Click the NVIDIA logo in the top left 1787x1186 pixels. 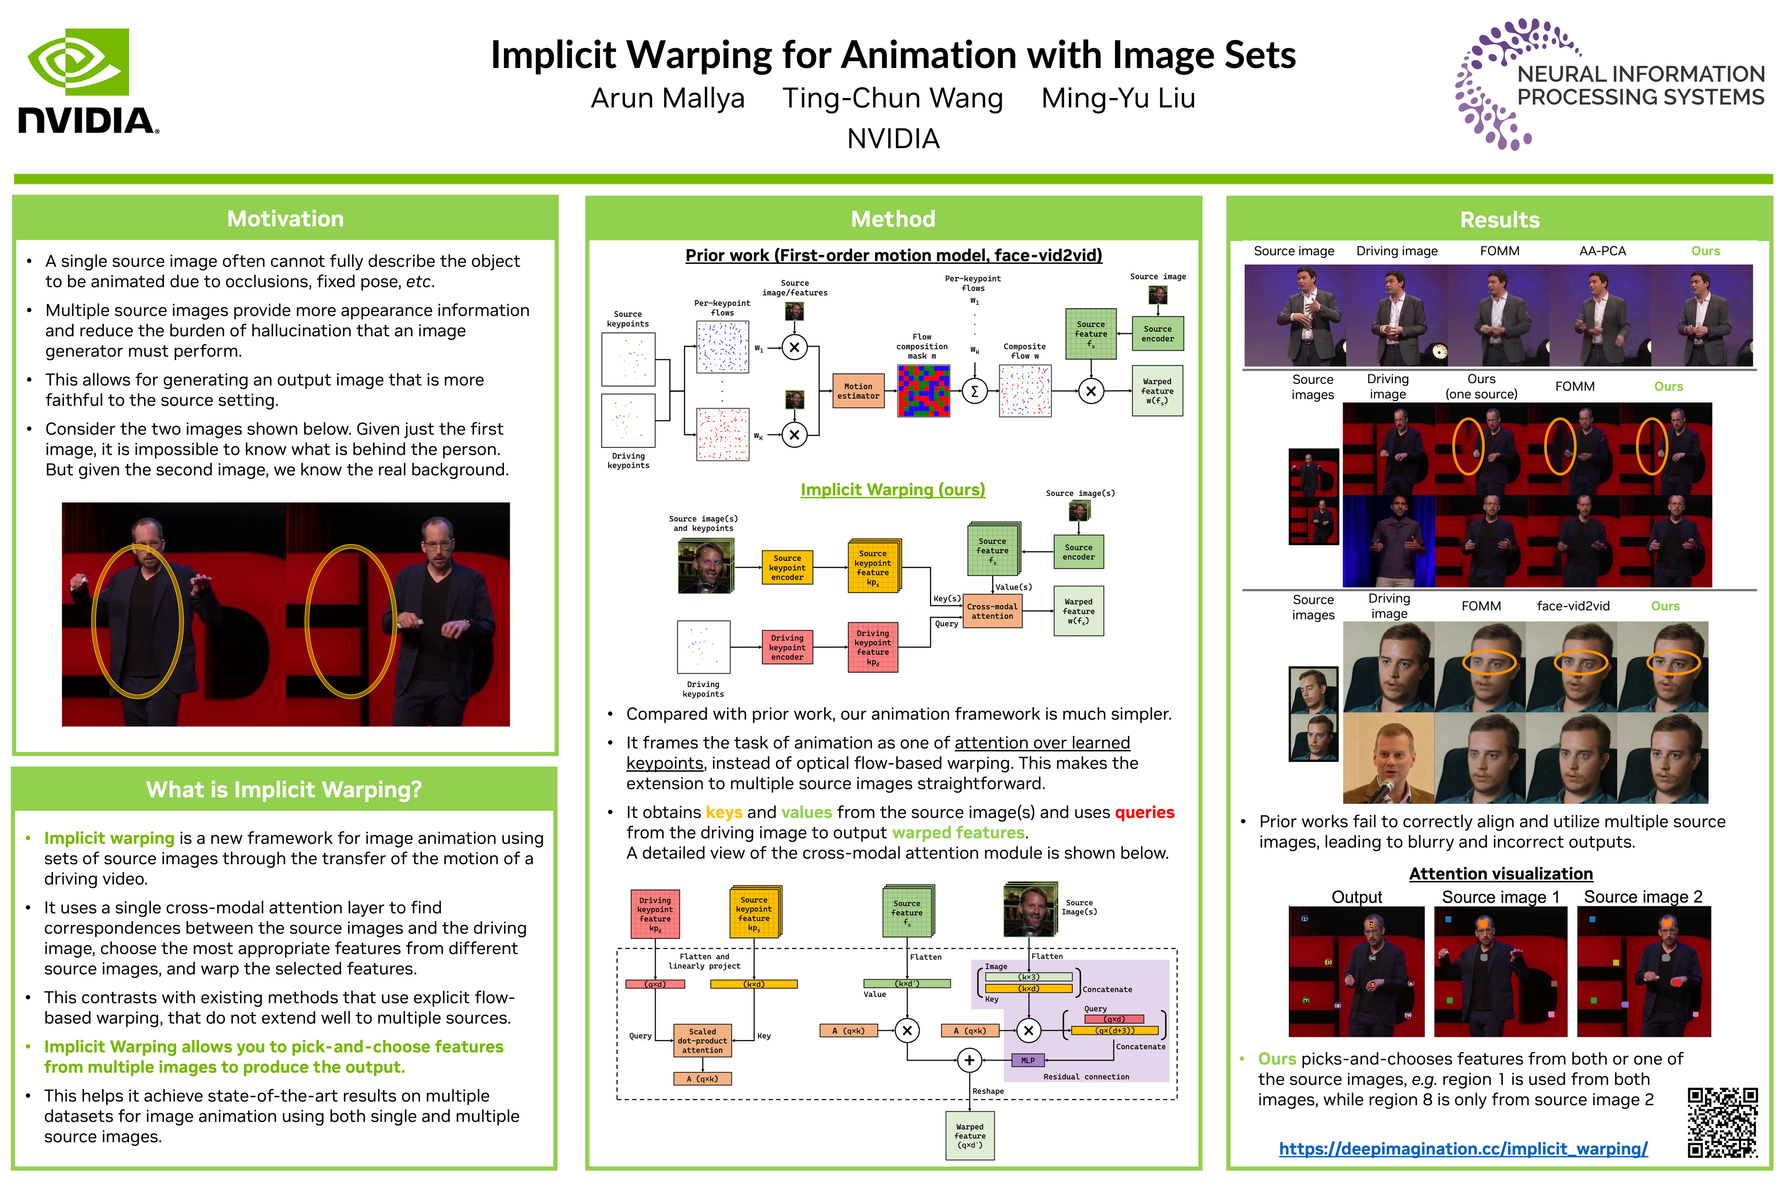click(x=87, y=82)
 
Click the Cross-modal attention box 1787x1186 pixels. click(x=992, y=611)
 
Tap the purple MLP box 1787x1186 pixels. click(x=1028, y=1060)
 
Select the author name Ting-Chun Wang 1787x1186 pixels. click(x=892, y=98)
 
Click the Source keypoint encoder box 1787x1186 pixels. click(x=786, y=567)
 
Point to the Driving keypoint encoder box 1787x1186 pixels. click(x=786, y=647)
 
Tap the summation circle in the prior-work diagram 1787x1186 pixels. click(x=974, y=391)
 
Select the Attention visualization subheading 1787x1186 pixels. click(x=1500, y=873)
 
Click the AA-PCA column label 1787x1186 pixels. click(x=1602, y=251)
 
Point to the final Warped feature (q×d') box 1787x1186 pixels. click(x=970, y=1135)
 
